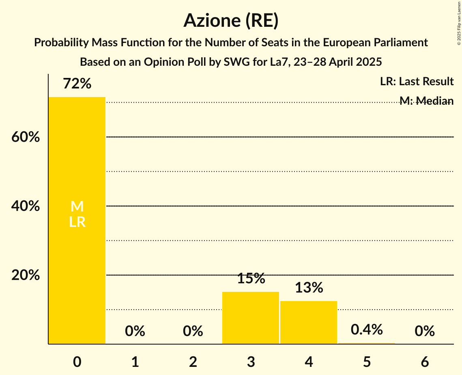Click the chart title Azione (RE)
coord(231,20)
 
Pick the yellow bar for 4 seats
coord(309,322)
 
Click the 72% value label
coord(77,84)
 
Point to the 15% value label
coord(251,278)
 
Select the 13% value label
coord(309,288)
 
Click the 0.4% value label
coord(367,330)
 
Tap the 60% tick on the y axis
coord(26,137)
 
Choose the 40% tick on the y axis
coord(26,206)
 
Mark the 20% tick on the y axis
coord(26,275)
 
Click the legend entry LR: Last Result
coord(417,82)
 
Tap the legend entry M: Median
coord(426,101)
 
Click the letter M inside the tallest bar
coord(77,207)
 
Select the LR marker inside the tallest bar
coord(77,222)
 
